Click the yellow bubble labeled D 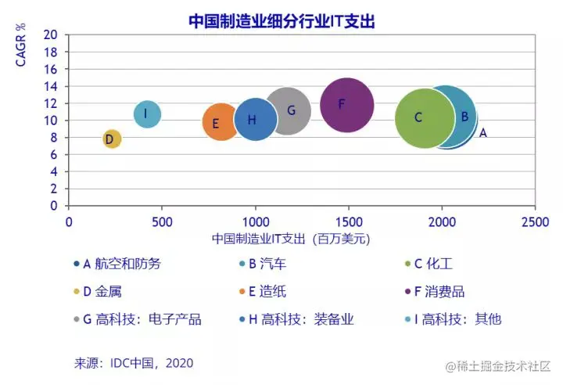tap(111, 139)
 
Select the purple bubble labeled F tap(347, 105)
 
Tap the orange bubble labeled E tap(222, 122)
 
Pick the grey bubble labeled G tap(289, 110)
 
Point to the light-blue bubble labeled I tap(147, 114)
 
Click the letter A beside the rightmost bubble tap(483, 133)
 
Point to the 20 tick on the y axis tap(52, 34)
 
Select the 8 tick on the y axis tap(54, 138)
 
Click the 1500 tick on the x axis tap(348, 221)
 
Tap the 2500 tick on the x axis tap(535, 221)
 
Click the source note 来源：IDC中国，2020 tap(134, 363)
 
